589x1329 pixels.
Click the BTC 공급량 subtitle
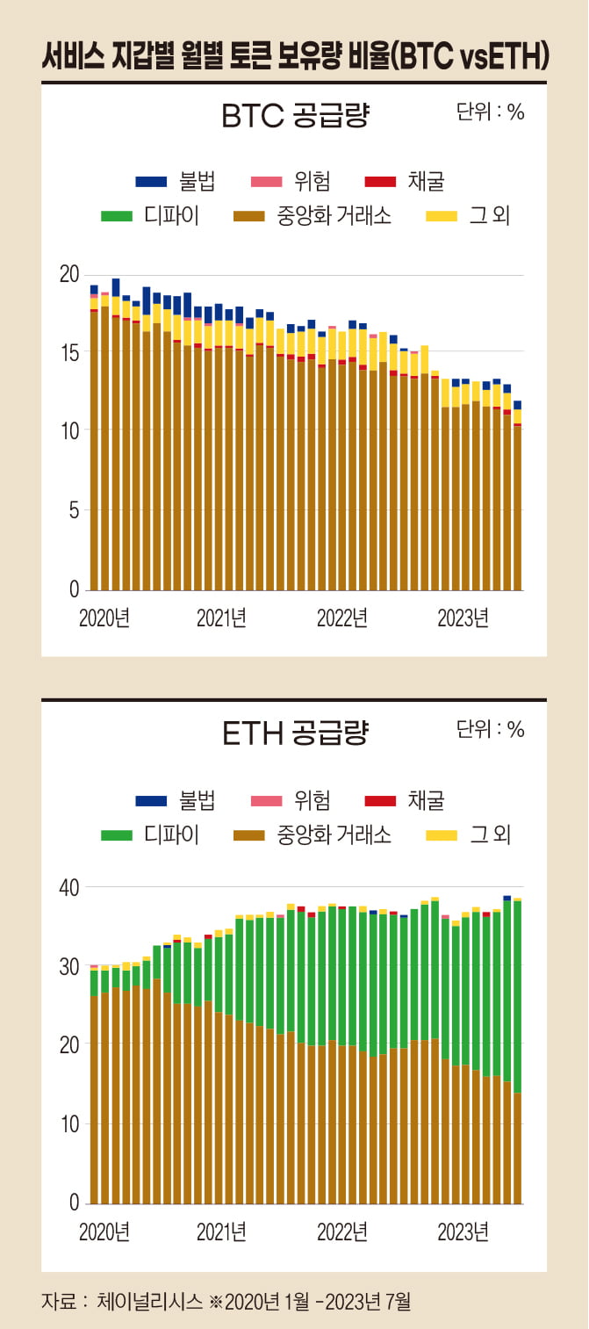tap(295, 116)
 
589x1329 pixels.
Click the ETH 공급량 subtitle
tap(295, 732)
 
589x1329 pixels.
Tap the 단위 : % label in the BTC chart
tap(490, 112)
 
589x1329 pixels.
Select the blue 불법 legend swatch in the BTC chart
tap(151, 182)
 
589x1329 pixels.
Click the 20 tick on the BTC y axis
tap(68, 274)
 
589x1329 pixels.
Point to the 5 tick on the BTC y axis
tap(74, 510)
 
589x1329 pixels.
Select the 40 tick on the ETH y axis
tap(68, 888)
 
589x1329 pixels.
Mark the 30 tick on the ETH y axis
tap(68, 966)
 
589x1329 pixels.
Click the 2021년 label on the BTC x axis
tap(221, 618)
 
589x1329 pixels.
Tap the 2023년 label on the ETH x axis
tap(463, 1231)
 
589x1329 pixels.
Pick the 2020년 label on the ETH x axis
tap(104, 1231)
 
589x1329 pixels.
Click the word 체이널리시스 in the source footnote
tap(150, 1301)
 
